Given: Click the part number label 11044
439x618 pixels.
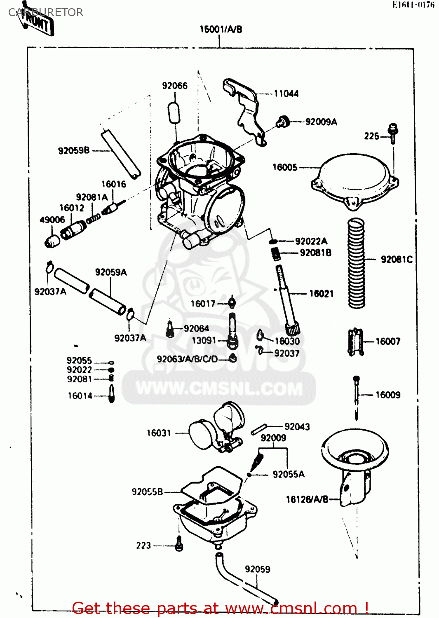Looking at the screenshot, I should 286,94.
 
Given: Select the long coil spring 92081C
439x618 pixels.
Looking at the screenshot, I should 357,264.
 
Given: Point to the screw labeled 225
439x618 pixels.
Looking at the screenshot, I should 393,133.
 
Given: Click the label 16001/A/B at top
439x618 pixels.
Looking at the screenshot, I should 221,29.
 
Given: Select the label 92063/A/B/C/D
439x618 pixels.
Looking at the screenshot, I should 187,359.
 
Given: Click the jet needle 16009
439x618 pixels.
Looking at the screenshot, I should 357,396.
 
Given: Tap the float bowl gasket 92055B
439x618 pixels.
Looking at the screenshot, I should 210,486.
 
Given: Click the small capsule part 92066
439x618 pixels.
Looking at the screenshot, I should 175,112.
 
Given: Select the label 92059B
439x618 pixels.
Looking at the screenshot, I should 74,150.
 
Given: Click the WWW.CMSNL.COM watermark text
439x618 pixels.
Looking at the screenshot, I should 219,389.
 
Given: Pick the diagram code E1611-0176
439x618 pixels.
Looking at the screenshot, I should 413,5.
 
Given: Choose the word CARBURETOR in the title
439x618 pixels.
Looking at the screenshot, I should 46,12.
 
